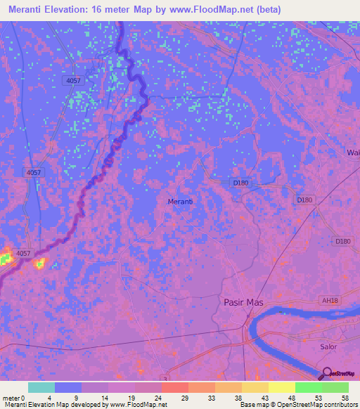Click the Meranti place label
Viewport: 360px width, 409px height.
pyautogui.click(x=181, y=202)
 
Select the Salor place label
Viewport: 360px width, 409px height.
pyautogui.click(x=328, y=346)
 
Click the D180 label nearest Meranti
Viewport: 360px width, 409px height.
pyautogui.click(x=240, y=183)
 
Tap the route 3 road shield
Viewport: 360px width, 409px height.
pyautogui.click(x=165, y=379)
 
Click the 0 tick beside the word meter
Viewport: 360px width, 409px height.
pyautogui.click(x=23, y=397)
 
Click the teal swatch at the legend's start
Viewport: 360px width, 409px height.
pyautogui.click(x=41, y=387)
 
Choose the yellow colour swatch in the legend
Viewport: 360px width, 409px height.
pyautogui.click(x=281, y=387)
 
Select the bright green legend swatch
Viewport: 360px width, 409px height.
pyautogui.click(x=308, y=387)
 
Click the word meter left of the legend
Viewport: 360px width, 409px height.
pyautogui.click(x=10, y=397)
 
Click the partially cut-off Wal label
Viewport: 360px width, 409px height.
pyautogui.click(x=352, y=152)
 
